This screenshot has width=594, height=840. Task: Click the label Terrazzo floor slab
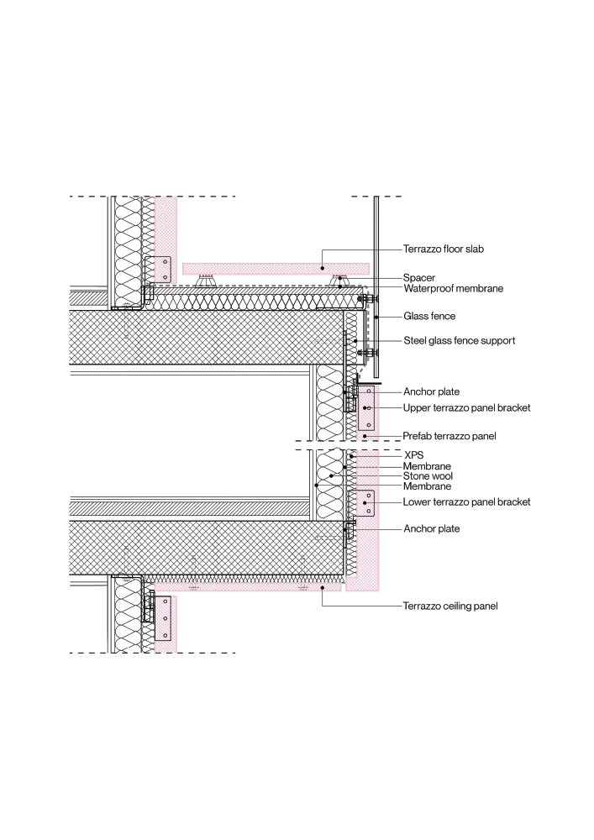click(444, 249)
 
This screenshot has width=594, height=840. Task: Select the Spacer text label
click(419, 277)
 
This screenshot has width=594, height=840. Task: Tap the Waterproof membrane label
click(453, 288)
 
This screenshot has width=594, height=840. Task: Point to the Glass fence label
click(429, 316)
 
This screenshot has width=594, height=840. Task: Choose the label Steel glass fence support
click(460, 341)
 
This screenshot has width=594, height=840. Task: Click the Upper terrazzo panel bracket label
click(466, 407)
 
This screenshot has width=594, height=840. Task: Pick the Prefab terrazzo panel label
click(449, 436)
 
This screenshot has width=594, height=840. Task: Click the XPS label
click(414, 455)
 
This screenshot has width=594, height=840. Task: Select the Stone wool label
click(428, 475)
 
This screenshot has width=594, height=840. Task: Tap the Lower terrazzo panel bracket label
click(466, 502)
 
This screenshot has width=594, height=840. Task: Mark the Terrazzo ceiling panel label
click(450, 606)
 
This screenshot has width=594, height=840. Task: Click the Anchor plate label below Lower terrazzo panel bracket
click(432, 528)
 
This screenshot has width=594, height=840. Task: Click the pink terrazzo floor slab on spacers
click(276, 269)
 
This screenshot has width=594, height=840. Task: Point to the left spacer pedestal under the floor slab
click(205, 281)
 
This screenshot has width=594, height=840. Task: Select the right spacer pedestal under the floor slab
click(340, 281)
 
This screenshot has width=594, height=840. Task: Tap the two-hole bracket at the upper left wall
click(158, 270)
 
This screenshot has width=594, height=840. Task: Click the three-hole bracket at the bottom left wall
click(163, 618)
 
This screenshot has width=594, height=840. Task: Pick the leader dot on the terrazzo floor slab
click(323, 268)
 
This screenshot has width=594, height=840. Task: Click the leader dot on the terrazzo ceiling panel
click(323, 588)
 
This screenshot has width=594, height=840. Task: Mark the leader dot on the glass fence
click(376, 317)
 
